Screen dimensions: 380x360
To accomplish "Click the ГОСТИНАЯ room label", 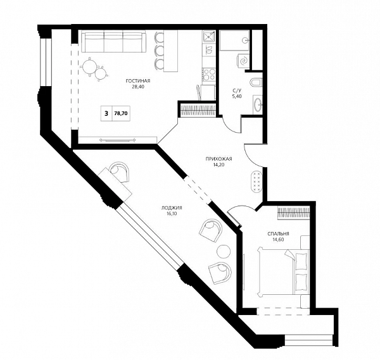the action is click(138, 81).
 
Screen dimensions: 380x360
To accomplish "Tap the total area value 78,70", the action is click(121, 113).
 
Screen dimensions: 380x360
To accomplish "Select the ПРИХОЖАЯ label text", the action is click(218, 159).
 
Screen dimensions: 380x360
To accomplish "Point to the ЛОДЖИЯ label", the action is click(172, 208).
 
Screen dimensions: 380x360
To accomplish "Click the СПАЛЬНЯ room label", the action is click(278, 234).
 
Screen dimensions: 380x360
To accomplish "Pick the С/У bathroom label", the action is click(237, 90).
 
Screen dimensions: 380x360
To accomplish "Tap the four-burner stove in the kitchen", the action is click(208, 75).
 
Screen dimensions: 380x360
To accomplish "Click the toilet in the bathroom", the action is click(257, 82).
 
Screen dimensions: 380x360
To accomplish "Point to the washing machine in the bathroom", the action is click(243, 60).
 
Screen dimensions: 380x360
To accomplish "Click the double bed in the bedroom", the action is click(284, 271).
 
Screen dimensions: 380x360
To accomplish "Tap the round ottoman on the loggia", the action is click(223, 252).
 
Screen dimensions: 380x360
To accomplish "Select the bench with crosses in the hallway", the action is click(256, 181).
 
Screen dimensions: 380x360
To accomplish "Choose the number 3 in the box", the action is click(106, 113).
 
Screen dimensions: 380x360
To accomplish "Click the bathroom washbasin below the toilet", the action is click(258, 104).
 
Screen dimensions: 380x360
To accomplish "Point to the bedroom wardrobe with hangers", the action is click(293, 213).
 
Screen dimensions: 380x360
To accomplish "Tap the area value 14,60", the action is click(278, 240).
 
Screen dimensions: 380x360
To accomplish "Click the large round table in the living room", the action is click(90, 66).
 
